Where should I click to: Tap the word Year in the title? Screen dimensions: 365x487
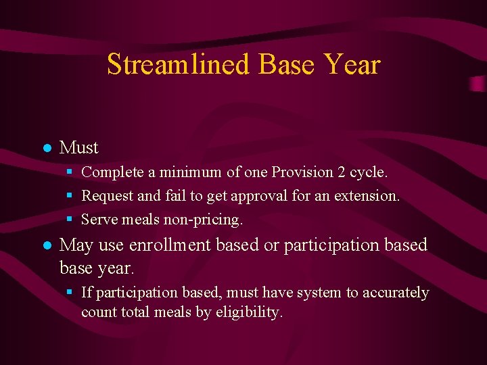point(352,65)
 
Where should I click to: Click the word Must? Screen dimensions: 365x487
point(79,147)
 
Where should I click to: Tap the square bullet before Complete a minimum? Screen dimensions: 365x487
point(70,172)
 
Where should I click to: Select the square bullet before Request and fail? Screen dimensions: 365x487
point(70,196)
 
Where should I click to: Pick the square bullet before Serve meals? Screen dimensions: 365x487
point(70,220)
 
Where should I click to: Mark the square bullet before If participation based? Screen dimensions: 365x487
point(70,293)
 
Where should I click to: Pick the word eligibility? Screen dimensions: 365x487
point(248,312)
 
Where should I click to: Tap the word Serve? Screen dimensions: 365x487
point(97,220)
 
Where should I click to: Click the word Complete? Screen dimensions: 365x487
point(112,172)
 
